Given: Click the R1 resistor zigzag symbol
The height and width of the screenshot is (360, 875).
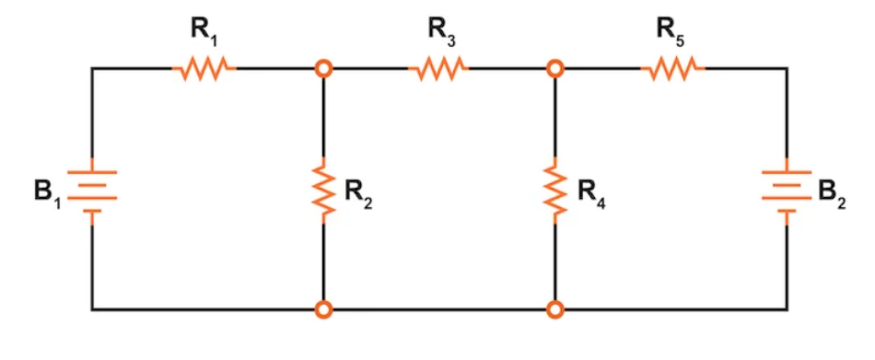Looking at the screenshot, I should (x=204, y=68).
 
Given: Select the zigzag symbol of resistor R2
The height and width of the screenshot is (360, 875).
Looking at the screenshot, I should (x=323, y=189).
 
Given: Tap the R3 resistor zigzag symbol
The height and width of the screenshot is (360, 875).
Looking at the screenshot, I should (x=438, y=68).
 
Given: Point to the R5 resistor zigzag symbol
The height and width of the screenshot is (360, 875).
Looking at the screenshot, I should (x=673, y=68).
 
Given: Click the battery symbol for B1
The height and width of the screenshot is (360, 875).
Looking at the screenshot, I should (x=91, y=191).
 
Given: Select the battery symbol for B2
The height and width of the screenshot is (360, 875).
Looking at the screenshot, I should (x=786, y=191).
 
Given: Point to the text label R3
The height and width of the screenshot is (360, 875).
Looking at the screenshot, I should (x=441, y=29).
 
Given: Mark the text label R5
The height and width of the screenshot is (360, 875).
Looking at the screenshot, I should (x=674, y=29).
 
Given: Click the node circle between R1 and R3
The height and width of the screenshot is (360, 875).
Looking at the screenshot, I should (x=323, y=68).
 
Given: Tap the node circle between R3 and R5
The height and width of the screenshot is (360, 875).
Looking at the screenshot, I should (x=554, y=68).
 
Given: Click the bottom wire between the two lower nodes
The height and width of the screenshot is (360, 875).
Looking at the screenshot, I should (x=438, y=309).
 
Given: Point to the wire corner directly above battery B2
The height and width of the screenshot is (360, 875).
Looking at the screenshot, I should (x=786, y=68).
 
